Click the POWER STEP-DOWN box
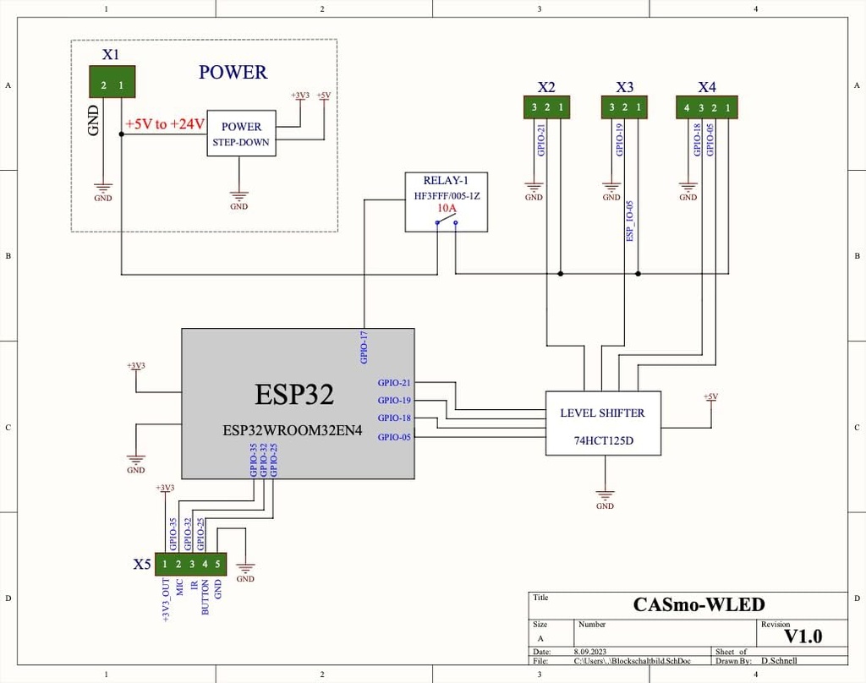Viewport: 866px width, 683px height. pyautogui.click(x=241, y=134)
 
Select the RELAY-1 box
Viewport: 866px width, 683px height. pyautogui.click(x=446, y=201)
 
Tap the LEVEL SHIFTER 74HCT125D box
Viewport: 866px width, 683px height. pyautogui.click(x=602, y=423)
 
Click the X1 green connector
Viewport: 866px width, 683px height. pyautogui.click(x=112, y=84)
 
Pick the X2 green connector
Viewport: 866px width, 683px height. pyautogui.click(x=546, y=107)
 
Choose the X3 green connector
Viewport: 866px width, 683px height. pyautogui.click(x=624, y=107)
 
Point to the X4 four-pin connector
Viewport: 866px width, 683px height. pyautogui.click(x=707, y=107)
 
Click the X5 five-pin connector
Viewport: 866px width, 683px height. pyautogui.click(x=191, y=564)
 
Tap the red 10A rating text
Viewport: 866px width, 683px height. pyautogui.click(x=446, y=208)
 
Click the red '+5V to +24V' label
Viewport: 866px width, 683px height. pyautogui.click(x=165, y=124)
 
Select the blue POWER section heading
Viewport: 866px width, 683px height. pyautogui.click(x=233, y=72)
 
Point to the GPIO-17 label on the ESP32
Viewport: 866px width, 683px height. pyautogui.click(x=364, y=347)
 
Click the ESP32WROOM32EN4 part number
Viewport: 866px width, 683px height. pyautogui.click(x=292, y=429)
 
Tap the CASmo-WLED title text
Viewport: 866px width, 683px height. pyautogui.click(x=699, y=604)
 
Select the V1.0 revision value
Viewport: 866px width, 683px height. pyautogui.click(x=803, y=636)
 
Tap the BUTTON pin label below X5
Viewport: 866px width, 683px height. pyautogui.click(x=206, y=597)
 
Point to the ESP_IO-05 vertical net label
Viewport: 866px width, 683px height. pyautogui.click(x=630, y=221)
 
